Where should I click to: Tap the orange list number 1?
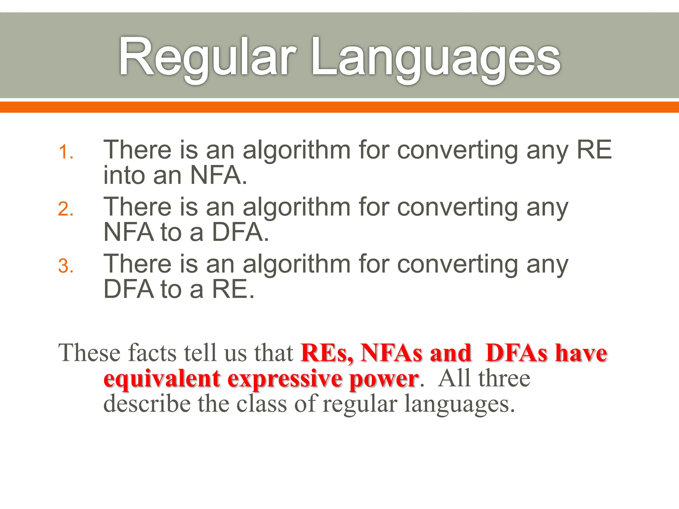click(65, 153)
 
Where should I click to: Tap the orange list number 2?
click(65, 209)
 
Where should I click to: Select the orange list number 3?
click(65, 266)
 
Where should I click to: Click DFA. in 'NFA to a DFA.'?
click(240, 232)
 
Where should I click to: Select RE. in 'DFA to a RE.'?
click(233, 289)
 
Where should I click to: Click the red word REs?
click(327, 353)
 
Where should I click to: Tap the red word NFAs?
click(391, 353)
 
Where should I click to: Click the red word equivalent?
click(162, 379)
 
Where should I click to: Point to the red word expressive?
click(284, 379)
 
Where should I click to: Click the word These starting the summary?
click(89, 353)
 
